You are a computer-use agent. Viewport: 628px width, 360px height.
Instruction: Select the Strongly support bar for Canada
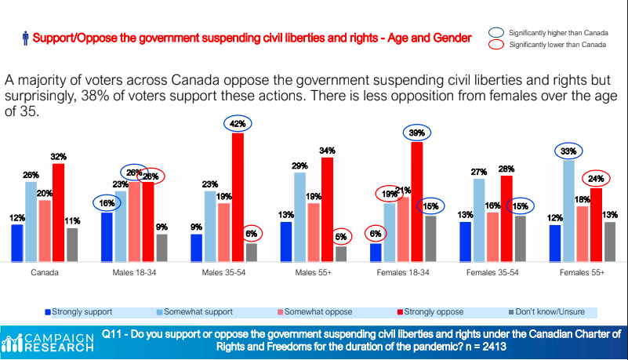(17, 242)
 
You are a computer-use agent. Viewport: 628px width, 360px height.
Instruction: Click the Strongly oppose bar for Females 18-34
(417, 201)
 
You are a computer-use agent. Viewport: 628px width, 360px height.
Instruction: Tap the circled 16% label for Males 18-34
(107, 202)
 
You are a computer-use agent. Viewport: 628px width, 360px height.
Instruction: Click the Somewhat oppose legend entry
(317, 311)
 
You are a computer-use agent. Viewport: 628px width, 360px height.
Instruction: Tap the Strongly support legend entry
(79, 311)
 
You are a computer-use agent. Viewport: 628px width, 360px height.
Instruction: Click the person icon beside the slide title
(26, 37)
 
